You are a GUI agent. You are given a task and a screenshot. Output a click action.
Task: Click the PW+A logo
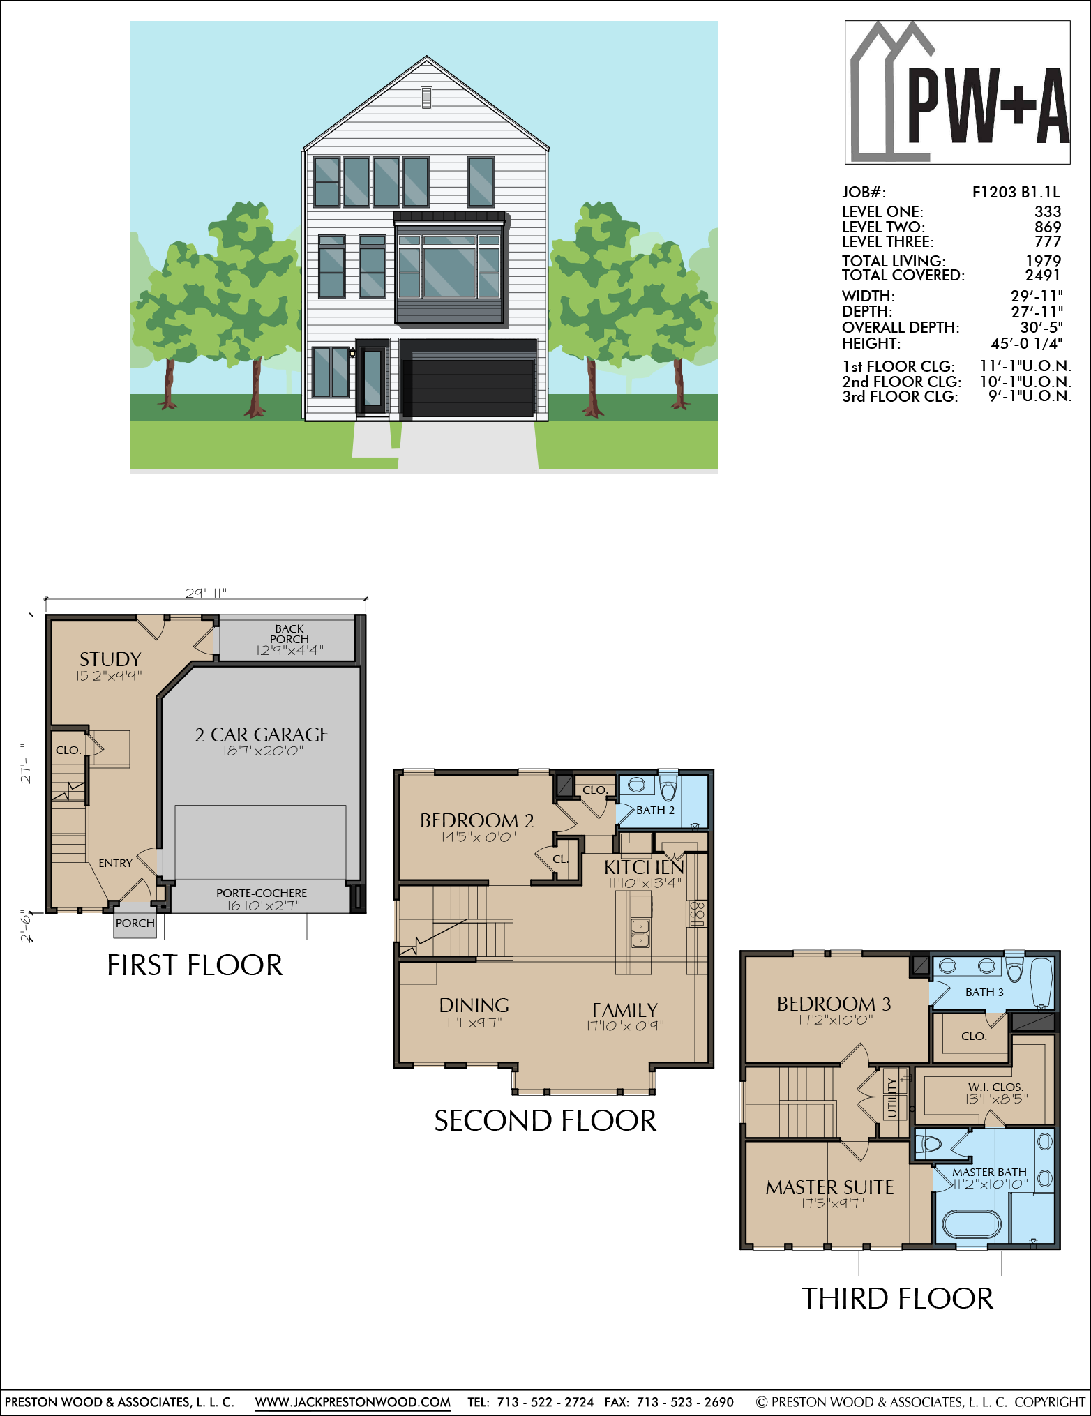click(958, 92)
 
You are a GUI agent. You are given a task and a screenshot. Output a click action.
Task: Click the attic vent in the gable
click(426, 98)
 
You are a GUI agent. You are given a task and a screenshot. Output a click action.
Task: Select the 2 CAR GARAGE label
click(262, 735)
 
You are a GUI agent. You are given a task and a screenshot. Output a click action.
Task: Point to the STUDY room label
click(110, 659)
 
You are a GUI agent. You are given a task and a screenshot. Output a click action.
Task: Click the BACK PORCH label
click(289, 633)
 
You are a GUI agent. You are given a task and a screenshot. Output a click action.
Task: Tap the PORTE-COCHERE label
click(262, 893)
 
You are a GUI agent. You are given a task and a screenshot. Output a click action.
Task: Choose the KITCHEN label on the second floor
click(644, 867)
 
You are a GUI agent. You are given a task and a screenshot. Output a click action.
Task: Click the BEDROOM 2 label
click(477, 820)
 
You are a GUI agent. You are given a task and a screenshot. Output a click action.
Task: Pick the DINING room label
click(474, 1005)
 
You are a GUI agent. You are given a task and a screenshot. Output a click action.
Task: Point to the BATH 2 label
click(655, 810)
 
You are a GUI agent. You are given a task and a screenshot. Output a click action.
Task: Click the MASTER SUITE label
click(829, 1187)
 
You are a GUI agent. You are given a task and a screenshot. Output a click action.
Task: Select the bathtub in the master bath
click(972, 1224)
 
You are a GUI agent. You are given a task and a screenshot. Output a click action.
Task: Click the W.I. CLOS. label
click(995, 1087)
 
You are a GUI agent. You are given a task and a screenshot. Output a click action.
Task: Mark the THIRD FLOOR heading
click(897, 1299)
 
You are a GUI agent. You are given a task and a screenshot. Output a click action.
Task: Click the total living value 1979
click(1044, 260)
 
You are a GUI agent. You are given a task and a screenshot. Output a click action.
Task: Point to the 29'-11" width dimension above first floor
click(206, 593)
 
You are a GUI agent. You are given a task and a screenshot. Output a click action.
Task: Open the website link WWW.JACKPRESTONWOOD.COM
click(352, 1402)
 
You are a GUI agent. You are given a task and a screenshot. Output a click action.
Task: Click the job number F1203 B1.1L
click(1016, 193)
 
